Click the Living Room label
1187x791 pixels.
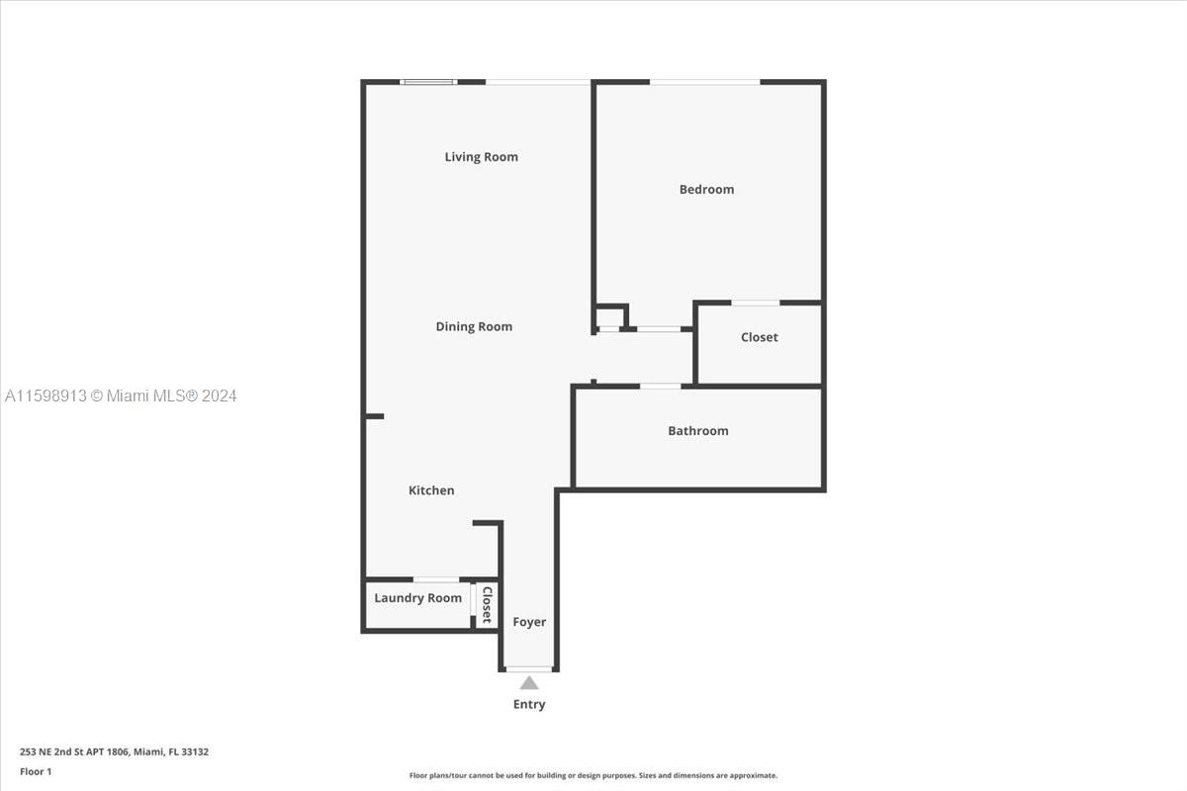[481, 157]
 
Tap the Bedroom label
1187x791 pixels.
[707, 189]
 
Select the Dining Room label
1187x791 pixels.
[474, 326]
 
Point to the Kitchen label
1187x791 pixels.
[431, 490]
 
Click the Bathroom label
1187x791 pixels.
[698, 431]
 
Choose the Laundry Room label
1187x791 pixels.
[418, 597]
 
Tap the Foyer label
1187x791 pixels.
[529, 622]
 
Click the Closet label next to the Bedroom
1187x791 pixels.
[760, 337]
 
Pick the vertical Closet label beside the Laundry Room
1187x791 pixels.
[487, 604]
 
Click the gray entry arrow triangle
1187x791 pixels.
[529, 683]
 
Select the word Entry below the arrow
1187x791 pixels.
[529, 704]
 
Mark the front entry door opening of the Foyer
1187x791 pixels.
[529, 669]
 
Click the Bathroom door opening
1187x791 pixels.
[661, 387]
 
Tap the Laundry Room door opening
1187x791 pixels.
[436, 579]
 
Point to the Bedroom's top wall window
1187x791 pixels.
[704, 82]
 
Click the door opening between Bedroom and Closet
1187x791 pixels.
[756, 303]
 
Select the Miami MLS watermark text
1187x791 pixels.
[121, 395]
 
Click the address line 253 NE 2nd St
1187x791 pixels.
[114, 751]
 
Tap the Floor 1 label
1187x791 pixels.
[36, 771]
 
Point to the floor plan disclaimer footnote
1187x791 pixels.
[593, 775]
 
